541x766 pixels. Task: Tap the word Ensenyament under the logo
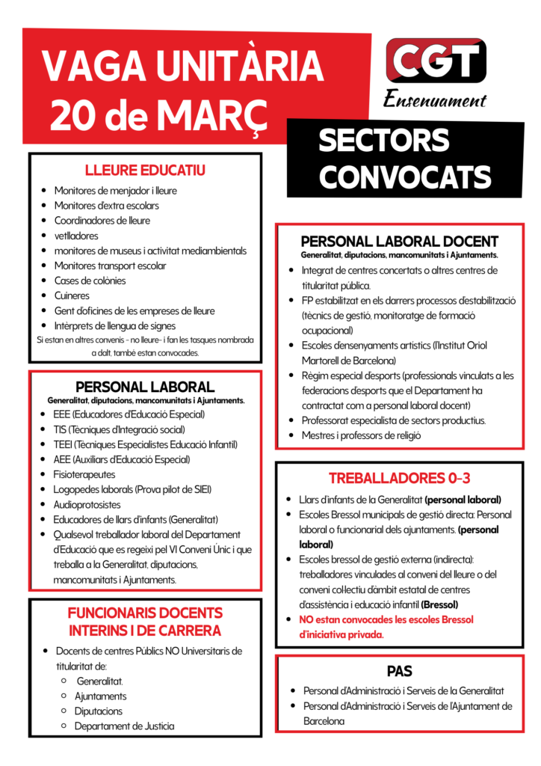[435, 99]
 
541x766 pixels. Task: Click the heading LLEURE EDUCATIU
[146, 171]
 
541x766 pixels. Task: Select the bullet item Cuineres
[72, 295]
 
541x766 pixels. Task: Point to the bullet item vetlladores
[75, 236]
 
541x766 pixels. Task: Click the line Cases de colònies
[90, 281]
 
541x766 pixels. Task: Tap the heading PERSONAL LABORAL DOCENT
[399, 241]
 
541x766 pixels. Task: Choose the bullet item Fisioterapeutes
[84, 474]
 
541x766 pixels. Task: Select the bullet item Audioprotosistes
[87, 504]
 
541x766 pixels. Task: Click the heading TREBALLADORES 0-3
[399, 478]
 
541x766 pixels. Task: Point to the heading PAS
[400, 671]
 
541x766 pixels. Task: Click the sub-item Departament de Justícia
[125, 726]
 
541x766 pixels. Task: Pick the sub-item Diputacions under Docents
[99, 711]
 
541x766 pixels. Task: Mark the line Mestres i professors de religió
[362, 435]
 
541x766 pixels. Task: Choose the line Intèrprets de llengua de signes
[115, 325]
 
